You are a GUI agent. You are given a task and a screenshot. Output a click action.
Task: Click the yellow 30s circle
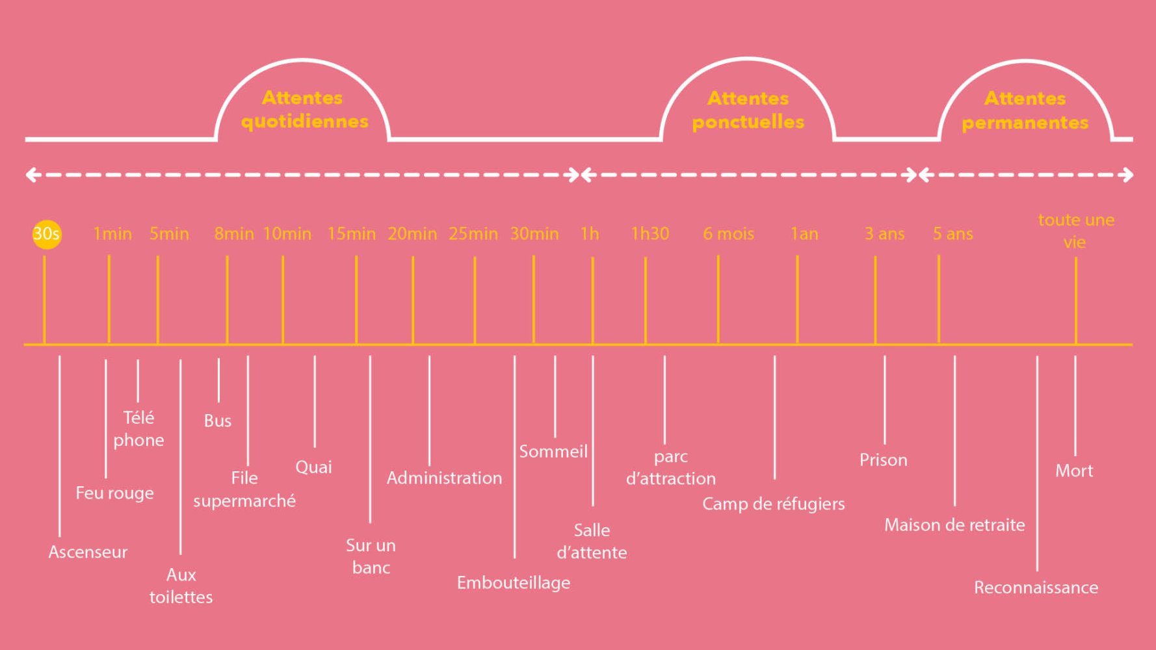click(47, 234)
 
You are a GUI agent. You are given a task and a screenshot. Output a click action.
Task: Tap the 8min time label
click(234, 234)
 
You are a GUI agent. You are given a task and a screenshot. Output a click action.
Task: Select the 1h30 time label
click(650, 234)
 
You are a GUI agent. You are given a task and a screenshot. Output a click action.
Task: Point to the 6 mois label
click(729, 234)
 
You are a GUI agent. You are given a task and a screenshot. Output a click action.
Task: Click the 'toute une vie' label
click(1076, 231)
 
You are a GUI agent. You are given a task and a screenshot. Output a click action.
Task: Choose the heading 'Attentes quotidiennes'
click(304, 109)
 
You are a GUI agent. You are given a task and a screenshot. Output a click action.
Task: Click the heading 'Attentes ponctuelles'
click(748, 110)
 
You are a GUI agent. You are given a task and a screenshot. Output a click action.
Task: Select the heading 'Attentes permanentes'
click(1025, 110)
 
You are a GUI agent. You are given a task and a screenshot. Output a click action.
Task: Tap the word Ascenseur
click(88, 552)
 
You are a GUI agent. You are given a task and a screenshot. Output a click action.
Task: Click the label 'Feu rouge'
click(114, 493)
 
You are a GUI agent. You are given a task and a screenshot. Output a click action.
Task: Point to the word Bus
click(218, 421)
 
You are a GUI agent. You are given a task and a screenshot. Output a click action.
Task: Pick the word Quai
click(313, 467)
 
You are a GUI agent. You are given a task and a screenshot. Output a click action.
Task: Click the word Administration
click(444, 478)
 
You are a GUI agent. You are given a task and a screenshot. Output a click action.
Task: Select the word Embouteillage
click(514, 583)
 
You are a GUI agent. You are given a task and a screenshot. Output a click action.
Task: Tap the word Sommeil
click(553, 451)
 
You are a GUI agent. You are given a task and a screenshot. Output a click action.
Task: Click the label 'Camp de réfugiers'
click(774, 504)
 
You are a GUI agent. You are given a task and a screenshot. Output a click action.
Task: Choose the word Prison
click(884, 460)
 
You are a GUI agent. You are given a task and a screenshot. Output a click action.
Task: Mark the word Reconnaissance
click(1036, 588)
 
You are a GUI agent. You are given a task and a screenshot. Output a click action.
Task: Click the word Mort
click(1074, 471)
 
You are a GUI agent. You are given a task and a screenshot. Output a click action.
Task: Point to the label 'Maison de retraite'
click(954, 525)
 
